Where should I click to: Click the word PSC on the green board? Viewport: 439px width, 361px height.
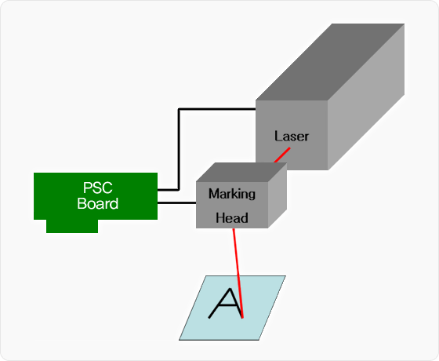click(x=98, y=188)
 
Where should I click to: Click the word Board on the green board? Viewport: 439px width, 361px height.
click(x=98, y=203)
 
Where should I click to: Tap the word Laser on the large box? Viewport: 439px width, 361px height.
click(x=292, y=137)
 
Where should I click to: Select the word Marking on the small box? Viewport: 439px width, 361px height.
click(x=232, y=194)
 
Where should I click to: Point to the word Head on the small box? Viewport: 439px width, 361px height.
click(x=232, y=218)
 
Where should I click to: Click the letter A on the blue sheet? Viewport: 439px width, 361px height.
click(x=226, y=303)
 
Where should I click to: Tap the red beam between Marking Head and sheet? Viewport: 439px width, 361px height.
click(x=238, y=273)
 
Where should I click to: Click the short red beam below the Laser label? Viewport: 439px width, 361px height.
click(x=282, y=155)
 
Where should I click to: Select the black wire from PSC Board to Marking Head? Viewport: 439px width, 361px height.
click(x=176, y=202)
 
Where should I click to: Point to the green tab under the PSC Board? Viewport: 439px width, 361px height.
click(x=72, y=226)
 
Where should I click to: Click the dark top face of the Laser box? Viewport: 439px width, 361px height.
click(x=330, y=62)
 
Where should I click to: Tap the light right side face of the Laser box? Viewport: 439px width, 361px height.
click(x=366, y=97)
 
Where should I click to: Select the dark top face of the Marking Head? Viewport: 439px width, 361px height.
click(x=241, y=172)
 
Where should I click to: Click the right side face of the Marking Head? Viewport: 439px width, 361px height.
click(x=278, y=195)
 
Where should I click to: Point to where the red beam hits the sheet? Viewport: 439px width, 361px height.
click(x=243, y=318)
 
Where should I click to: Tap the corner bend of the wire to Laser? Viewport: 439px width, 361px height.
click(x=179, y=109)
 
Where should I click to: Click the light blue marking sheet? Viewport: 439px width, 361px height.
click(x=232, y=308)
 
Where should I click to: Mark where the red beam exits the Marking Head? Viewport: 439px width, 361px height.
click(x=233, y=228)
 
